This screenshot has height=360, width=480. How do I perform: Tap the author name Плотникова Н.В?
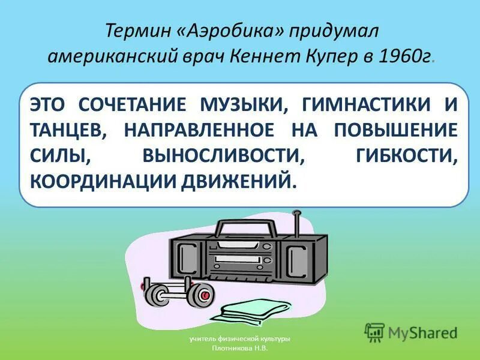coord(240,348)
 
